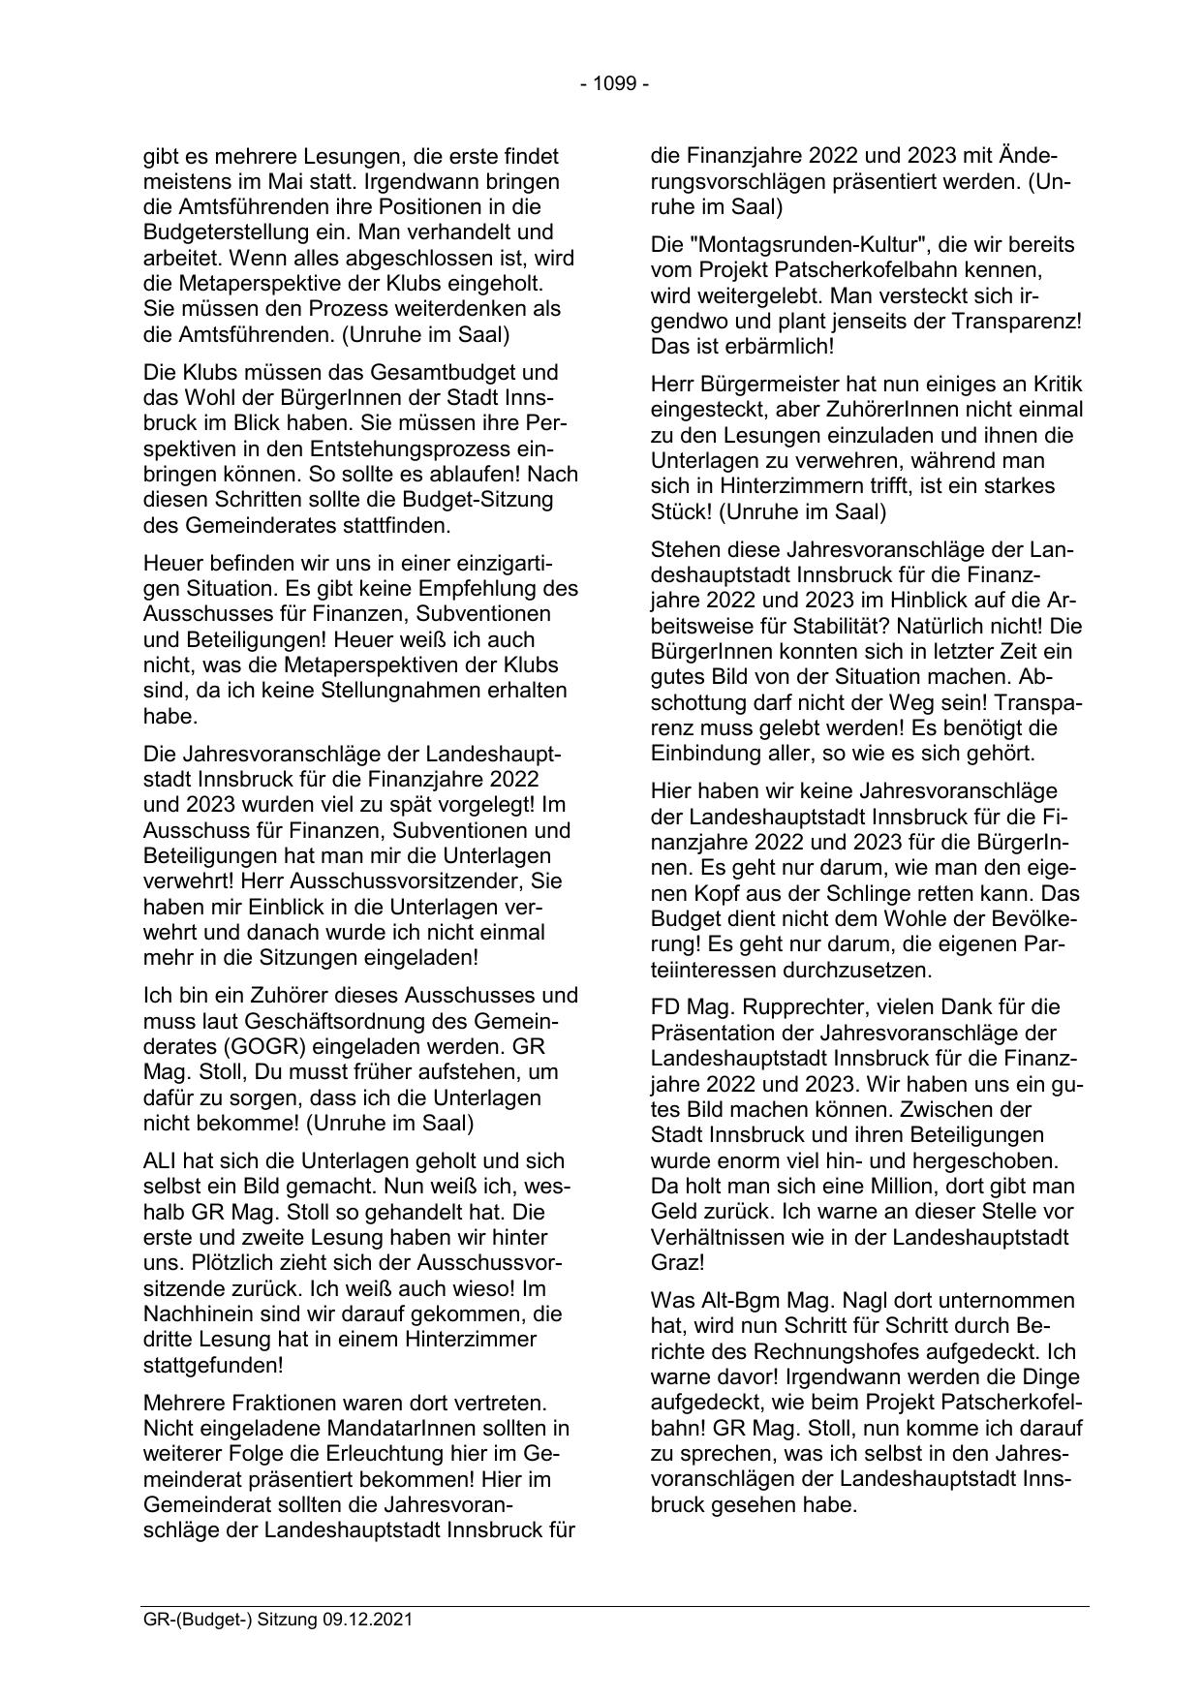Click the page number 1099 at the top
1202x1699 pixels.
tap(615, 84)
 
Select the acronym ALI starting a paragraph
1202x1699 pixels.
tap(161, 1160)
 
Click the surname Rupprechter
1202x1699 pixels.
tap(800, 1006)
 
